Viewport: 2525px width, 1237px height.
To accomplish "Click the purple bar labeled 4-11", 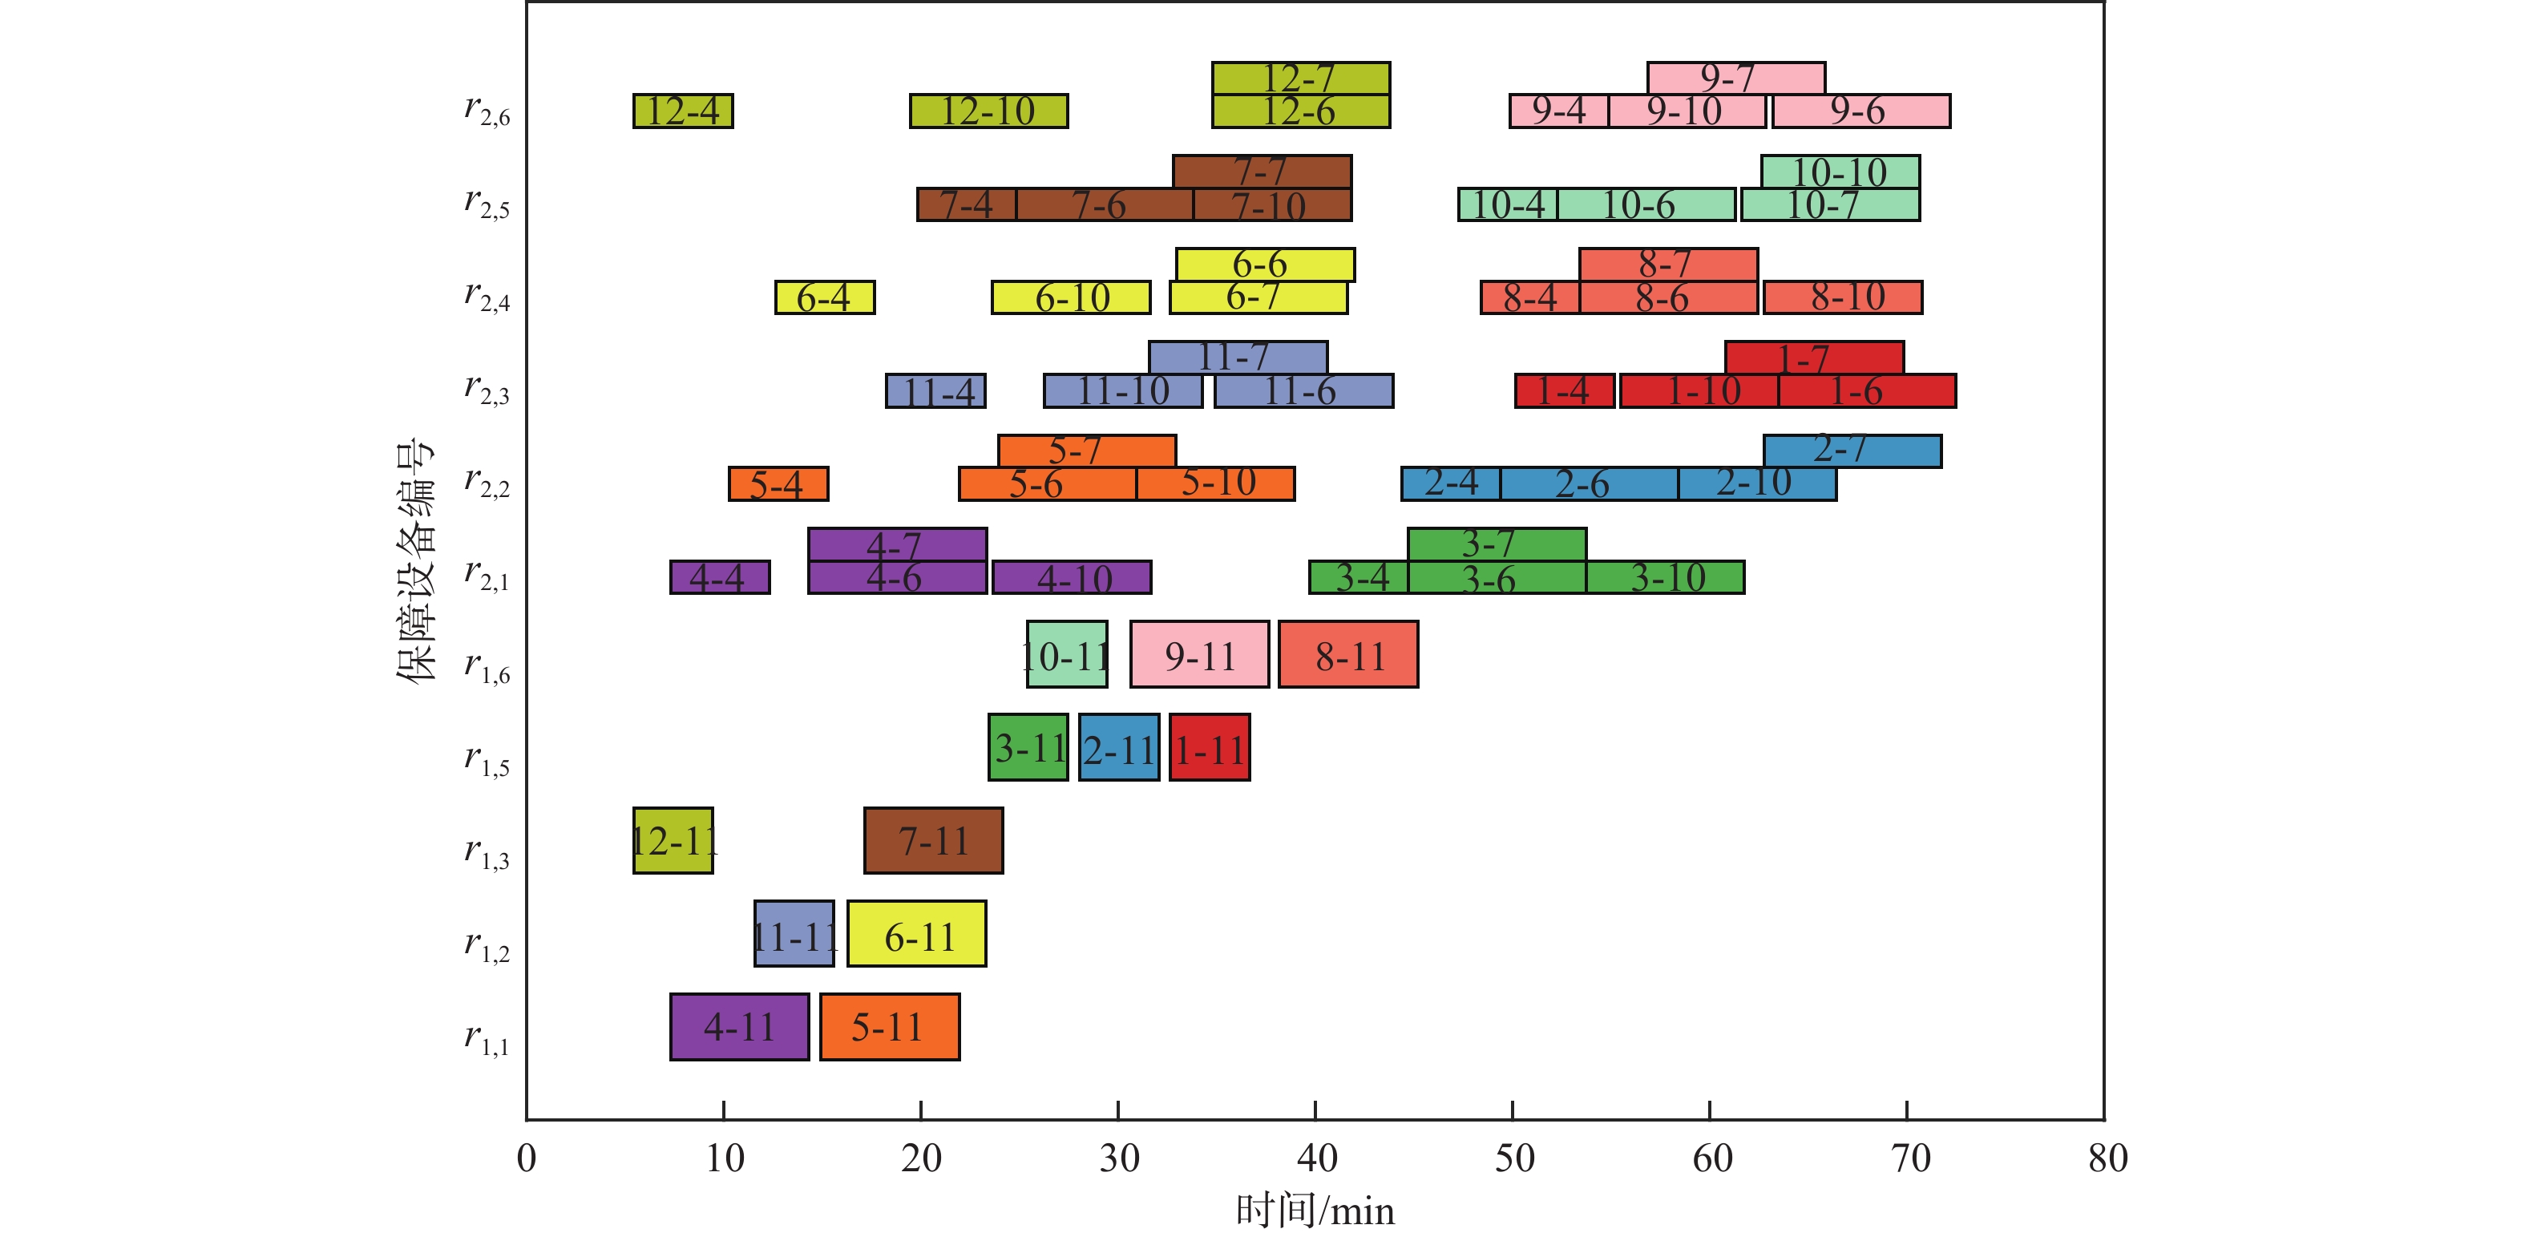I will click(x=739, y=1026).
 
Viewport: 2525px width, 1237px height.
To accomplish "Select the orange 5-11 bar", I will click(x=889, y=1026).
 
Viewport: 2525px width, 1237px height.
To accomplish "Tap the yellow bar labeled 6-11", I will click(x=916, y=933).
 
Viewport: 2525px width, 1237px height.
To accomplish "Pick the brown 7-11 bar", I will click(x=933, y=840).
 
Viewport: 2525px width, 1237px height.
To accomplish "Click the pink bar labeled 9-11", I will click(x=1199, y=654).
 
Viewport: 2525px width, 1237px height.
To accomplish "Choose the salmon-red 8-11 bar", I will click(x=1347, y=654).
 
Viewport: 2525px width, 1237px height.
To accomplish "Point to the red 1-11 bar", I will click(x=1210, y=747).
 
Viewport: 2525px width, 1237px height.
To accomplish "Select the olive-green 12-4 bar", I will click(x=682, y=111).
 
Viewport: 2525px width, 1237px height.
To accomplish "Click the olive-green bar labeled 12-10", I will click(x=988, y=111).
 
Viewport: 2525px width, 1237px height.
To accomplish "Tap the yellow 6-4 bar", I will click(x=824, y=297).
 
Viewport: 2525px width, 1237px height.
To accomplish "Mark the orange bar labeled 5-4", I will click(x=778, y=483).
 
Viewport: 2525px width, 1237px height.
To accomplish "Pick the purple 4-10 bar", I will click(x=1072, y=577).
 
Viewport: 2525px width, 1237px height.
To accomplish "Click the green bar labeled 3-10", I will click(x=1666, y=577).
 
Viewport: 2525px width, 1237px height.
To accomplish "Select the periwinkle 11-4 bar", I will click(x=935, y=391).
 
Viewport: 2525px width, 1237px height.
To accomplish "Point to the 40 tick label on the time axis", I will click(x=1315, y=1158).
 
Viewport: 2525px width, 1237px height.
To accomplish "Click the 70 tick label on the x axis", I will click(x=1908, y=1158).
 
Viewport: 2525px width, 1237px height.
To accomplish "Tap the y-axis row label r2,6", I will click(x=487, y=110).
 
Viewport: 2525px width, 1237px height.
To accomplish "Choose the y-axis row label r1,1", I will click(x=487, y=1038).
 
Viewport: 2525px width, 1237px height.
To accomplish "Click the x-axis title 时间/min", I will click(x=1315, y=1211).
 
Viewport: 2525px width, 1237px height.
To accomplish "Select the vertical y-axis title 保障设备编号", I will click(x=414, y=560).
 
